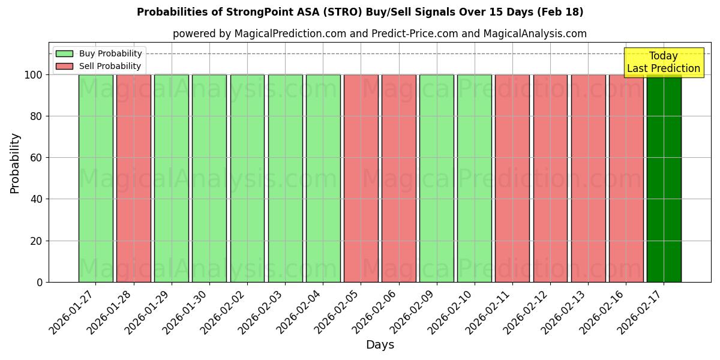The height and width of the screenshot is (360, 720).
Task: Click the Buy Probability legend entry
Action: point(99,53)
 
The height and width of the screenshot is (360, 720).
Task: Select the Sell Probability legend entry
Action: point(99,66)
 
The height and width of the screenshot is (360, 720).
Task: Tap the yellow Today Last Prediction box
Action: point(663,62)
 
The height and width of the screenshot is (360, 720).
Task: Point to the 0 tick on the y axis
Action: point(39,282)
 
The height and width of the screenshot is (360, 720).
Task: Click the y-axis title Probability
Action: point(15,163)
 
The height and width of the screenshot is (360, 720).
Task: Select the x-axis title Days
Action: point(380,345)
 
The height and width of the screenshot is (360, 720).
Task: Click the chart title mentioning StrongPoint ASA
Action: point(360,12)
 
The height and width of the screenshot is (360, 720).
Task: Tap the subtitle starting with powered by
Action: point(379,34)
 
